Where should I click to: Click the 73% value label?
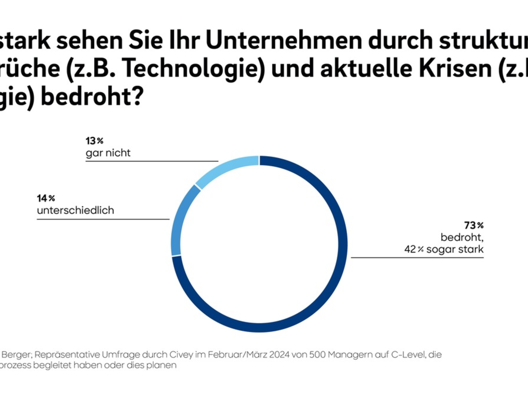tap(473, 226)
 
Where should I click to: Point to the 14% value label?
tap(46, 198)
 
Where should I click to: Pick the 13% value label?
tap(94, 142)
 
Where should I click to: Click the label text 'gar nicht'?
tap(108, 154)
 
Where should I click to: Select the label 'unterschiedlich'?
tap(76, 210)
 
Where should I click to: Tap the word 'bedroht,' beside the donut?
tap(462, 238)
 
